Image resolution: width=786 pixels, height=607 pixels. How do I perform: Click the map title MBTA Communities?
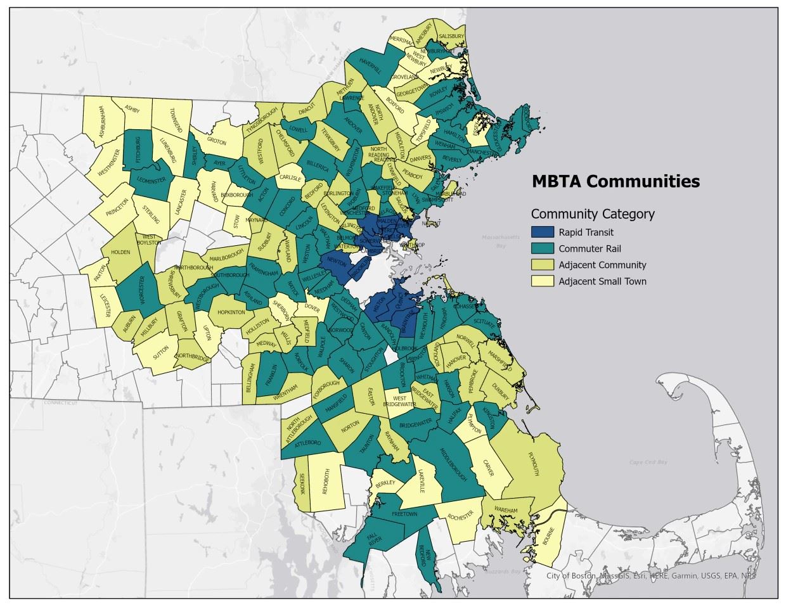coord(615,181)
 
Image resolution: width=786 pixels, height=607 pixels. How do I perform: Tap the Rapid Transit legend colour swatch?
coord(543,233)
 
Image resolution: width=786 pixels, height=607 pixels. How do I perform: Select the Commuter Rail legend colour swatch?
coord(543,248)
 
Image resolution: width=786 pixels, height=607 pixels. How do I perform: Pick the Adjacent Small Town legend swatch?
coord(543,281)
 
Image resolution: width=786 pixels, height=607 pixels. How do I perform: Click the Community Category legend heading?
coord(593,214)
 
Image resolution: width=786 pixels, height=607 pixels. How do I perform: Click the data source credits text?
coord(651,576)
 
